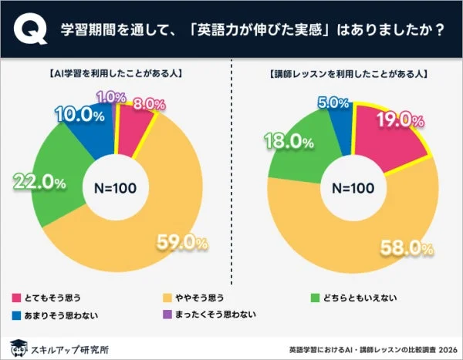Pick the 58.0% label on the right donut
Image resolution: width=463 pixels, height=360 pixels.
[x=405, y=247]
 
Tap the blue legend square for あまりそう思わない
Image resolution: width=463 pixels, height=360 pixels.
[x=17, y=315]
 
